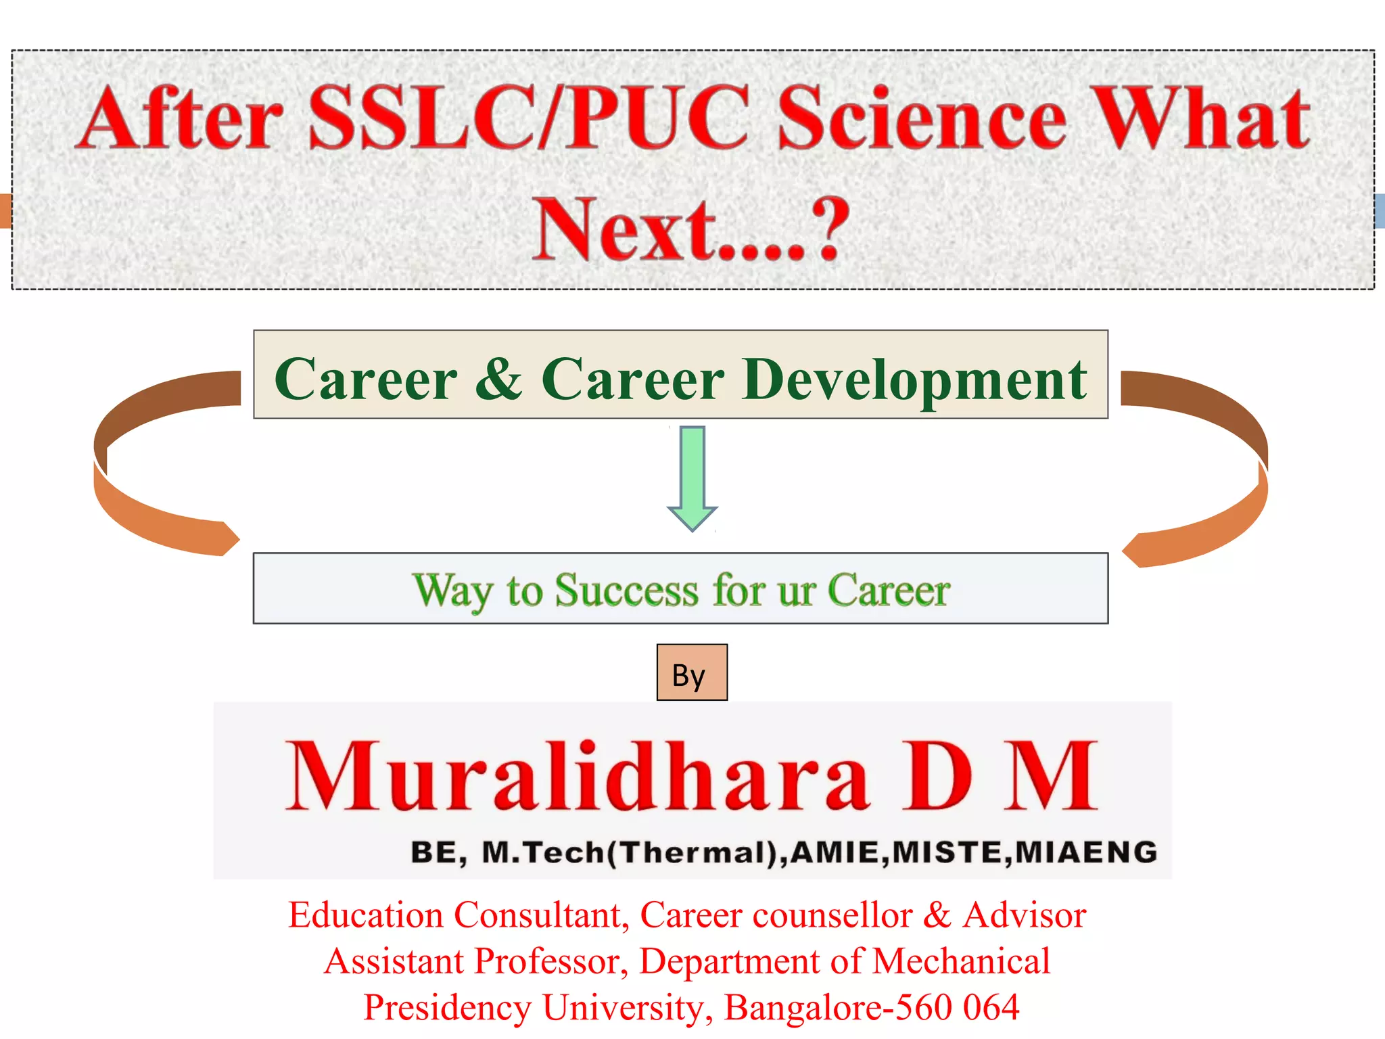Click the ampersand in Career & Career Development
[x=498, y=379]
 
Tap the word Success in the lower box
[x=626, y=590]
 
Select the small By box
[x=691, y=672]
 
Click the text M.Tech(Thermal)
[x=634, y=852]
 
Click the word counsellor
[x=832, y=915]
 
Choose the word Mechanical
[x=961, y=961]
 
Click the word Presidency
[x=448, y=1007]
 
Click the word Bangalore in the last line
[x=803, y=1007]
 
